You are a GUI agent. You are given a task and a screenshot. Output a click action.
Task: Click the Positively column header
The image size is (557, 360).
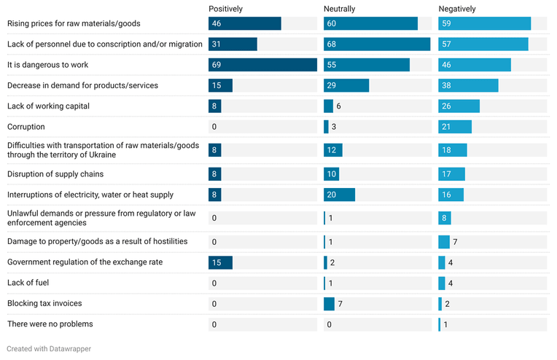(225, 9)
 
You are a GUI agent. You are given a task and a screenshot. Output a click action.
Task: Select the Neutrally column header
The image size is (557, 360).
(339, 9)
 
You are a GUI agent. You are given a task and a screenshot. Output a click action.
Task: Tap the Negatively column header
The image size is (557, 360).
(457, 9)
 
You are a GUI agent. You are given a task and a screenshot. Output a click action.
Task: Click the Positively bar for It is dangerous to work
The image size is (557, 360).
(262, 65)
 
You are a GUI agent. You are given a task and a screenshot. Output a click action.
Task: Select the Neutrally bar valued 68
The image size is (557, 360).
(377, 44)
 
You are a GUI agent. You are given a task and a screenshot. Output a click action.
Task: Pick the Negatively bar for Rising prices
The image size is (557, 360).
(485, 23)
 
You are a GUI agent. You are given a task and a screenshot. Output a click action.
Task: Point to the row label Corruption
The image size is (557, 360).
(26, 127)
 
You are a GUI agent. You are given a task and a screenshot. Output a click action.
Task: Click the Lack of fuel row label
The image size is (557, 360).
(28, 283)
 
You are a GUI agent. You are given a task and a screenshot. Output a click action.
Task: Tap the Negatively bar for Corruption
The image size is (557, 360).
(455, 127)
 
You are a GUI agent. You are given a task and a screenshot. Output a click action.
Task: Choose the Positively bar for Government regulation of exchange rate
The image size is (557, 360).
(220, 262)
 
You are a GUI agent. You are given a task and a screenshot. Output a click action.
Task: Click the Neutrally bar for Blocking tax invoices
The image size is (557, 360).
(329, 304)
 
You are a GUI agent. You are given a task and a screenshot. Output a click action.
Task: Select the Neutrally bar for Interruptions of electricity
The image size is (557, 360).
(339, 195)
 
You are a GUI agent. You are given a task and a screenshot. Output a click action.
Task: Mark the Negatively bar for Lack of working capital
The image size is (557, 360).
(459, 106)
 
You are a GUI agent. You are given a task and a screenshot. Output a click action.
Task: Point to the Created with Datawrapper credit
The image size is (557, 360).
(49, 348)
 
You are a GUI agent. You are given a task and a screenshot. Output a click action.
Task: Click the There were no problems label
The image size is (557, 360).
(50, 324)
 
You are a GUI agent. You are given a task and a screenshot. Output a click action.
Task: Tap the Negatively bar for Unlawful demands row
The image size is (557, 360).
(445, 218)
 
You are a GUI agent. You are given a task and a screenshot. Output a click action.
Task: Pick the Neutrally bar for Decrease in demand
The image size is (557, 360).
(346, 85)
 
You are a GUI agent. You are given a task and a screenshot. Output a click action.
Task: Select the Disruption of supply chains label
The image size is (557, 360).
(55, 174)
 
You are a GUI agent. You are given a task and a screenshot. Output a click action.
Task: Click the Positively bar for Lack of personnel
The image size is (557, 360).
(233, 44)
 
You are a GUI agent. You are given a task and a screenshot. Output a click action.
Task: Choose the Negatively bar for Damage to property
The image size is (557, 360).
(444, 242)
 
